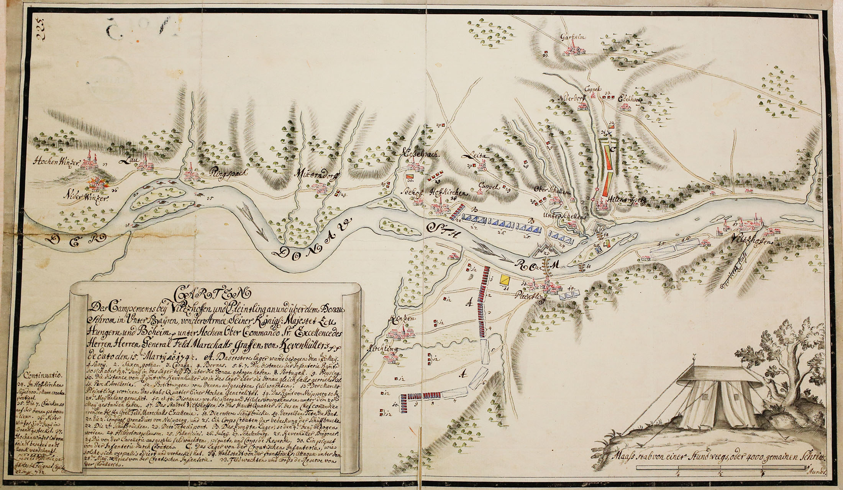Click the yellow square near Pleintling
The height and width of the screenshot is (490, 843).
click(504, 280)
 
